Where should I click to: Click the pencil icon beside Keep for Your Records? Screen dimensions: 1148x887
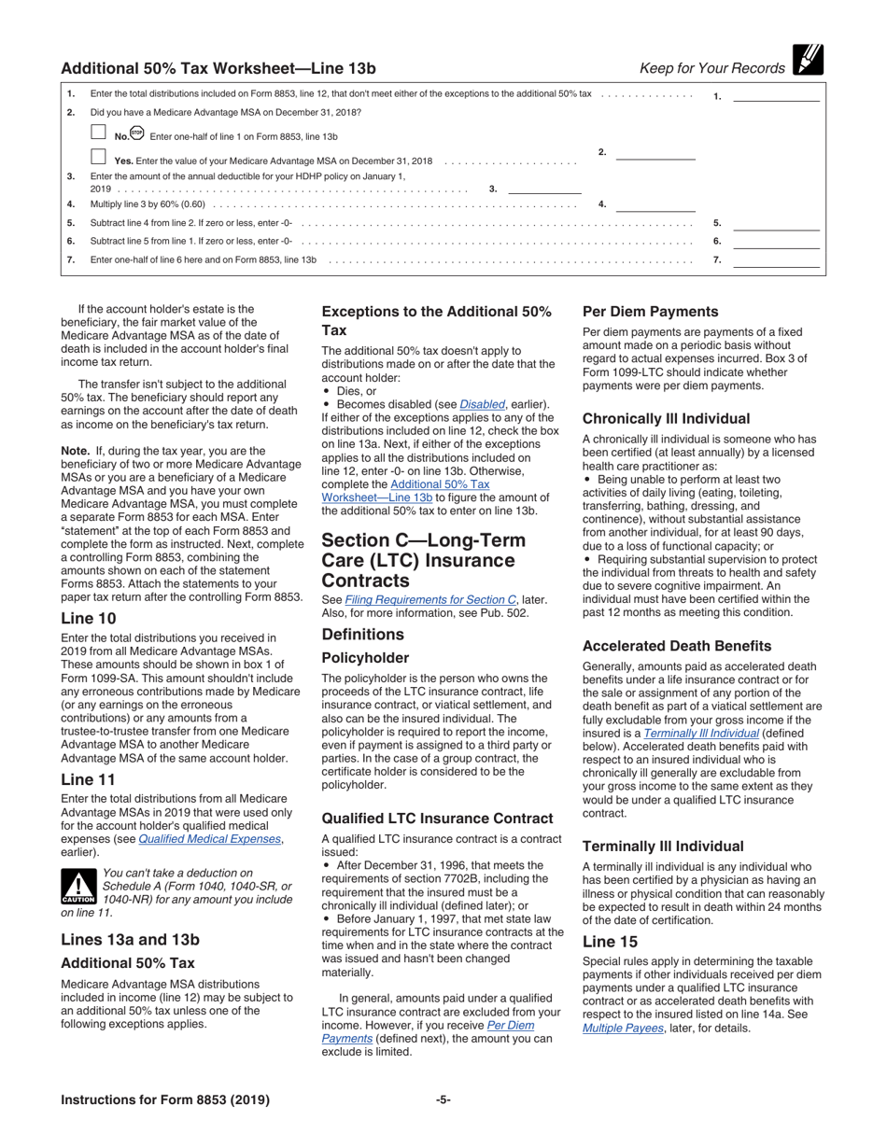[x=806, y=61]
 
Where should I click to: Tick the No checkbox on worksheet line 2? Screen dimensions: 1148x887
[x=98, y=133]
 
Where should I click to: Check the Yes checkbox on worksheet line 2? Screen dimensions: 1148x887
[x=98, y=158]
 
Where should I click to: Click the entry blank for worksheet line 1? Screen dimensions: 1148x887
[x=776, y=94]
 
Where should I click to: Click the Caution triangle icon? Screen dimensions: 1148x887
[x=78, y=886]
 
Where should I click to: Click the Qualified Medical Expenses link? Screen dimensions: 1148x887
[x=210, y=839]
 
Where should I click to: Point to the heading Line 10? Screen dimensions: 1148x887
[x=90, y=618]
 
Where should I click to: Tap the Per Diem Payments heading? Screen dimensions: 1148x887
[x=650, y=312]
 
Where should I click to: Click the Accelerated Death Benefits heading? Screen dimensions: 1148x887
[x=677, y=646]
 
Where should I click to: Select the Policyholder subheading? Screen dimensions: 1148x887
[x=365, y=657]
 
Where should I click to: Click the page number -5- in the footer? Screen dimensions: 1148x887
[x=443, y=1099]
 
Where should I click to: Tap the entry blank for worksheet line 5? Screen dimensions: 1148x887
[x=776, y=224]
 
